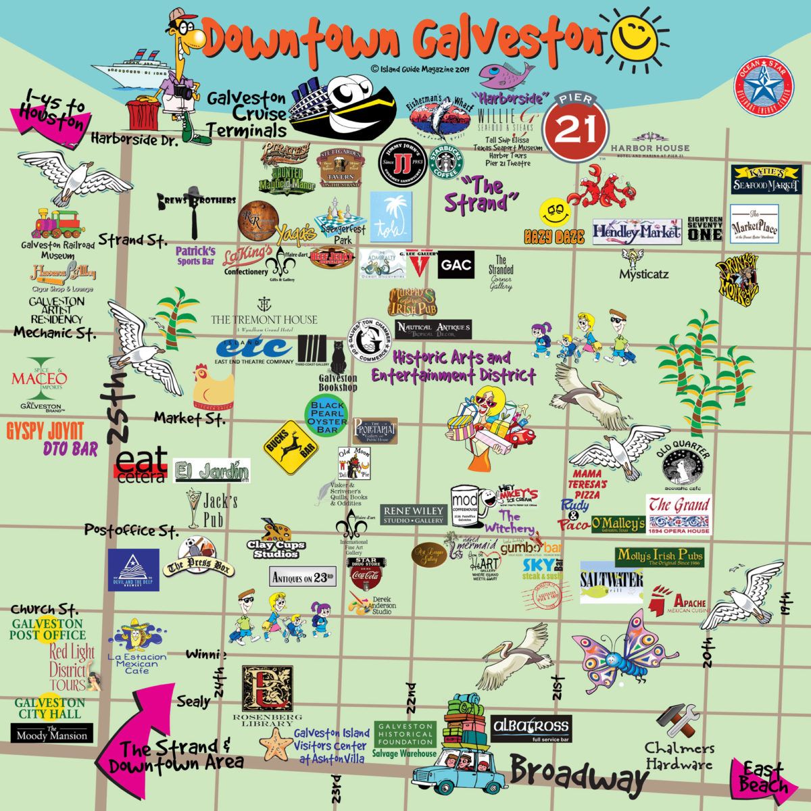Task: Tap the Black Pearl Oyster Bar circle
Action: (327, 416)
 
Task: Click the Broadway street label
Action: (579, 775)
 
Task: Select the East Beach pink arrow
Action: (759, 778)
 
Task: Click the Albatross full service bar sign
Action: (531, 729)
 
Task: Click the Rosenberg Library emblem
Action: (268, 689)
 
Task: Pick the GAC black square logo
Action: (456, 266)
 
